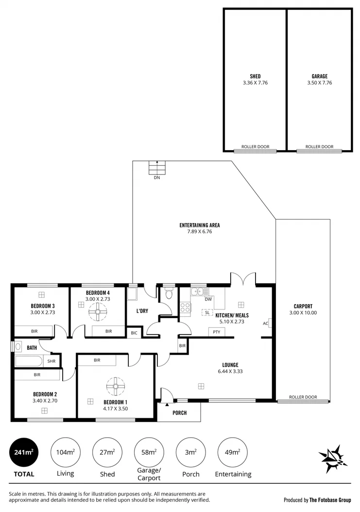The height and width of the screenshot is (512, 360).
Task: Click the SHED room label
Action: [255, 76]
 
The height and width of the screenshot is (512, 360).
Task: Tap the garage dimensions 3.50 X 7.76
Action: [319, 83]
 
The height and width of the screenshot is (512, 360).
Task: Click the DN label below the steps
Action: [156, 178]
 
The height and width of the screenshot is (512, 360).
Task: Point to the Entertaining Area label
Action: [199, 225]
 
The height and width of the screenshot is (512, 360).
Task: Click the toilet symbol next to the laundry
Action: [169, 294]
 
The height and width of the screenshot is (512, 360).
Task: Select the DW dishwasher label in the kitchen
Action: [208, 299]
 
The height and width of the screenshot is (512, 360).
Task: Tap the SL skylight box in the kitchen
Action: [207, 312]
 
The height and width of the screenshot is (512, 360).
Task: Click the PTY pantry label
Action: [216, 332]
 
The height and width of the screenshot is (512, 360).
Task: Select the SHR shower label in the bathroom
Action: [51, 361]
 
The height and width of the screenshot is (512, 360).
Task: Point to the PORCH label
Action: [180, 413]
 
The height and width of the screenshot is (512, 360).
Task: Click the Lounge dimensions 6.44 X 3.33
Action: [230, 372]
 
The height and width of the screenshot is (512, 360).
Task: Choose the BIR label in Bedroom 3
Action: [34, 331]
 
